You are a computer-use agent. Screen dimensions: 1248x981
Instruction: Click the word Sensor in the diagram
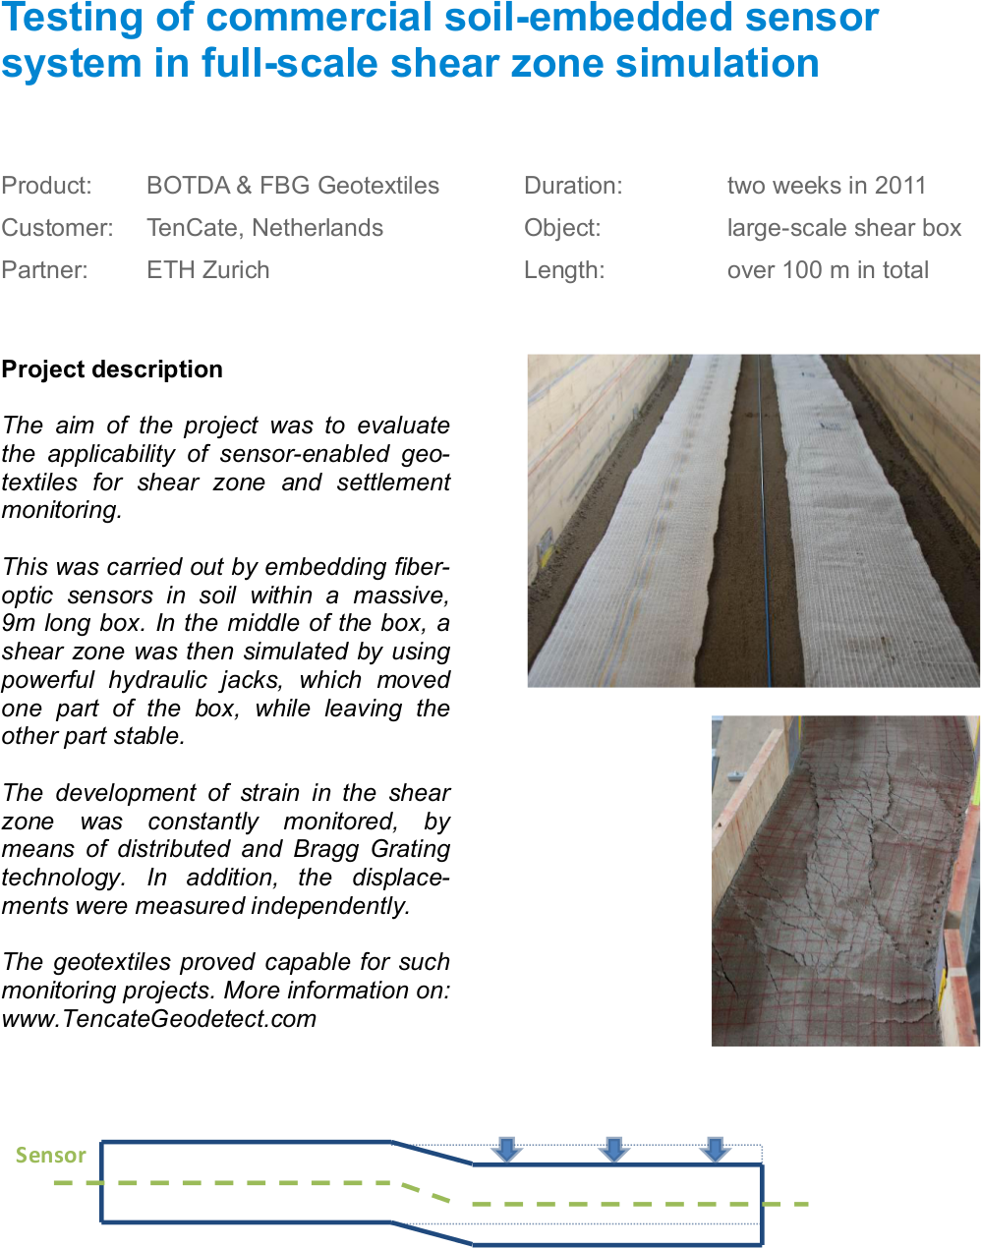pyautogui.click(x=51, y=1155)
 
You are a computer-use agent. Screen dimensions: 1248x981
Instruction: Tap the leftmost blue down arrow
pyautogui.click(x=506, y=1148)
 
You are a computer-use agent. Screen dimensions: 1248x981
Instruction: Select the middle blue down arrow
pyautogui.click(x=613, y=1148)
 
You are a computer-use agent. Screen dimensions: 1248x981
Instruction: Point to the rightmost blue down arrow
pyautogui.click(x=715, y=1148)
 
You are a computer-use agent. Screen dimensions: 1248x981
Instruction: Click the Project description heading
pyautogui.click(x=112, y=369)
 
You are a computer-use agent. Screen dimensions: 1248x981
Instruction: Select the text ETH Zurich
pyautogui.click(x=207, y=270)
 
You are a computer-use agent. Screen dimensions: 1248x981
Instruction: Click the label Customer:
pyautogui.click(x=57, y=228)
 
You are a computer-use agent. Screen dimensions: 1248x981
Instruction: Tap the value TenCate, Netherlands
pyautogui.click(x=264, y=228)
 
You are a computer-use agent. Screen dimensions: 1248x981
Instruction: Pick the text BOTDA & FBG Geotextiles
pyautogui.click(x=292, y=186)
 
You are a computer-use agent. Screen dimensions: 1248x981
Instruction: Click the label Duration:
pyautogui.click(x=573, y=186)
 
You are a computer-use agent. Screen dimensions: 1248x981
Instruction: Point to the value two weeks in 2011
pyautogui.click(x=826, y=186)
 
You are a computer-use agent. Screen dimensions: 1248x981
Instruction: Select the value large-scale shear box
pyautogui.click(x=843, y=228)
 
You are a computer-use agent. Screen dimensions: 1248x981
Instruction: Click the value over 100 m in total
pyautogui.click(x=828, y=270)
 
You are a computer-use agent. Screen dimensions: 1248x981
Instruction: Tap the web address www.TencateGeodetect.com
pyautogui.click(x=159, y=1019)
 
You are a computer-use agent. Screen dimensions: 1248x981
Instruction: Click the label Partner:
pyautogui.click(x=44, y=270)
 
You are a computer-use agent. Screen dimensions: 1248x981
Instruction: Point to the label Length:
pyautogui.click(x=564, y=270)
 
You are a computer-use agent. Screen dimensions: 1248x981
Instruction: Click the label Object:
pyautogui.click(x=562, y=228)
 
